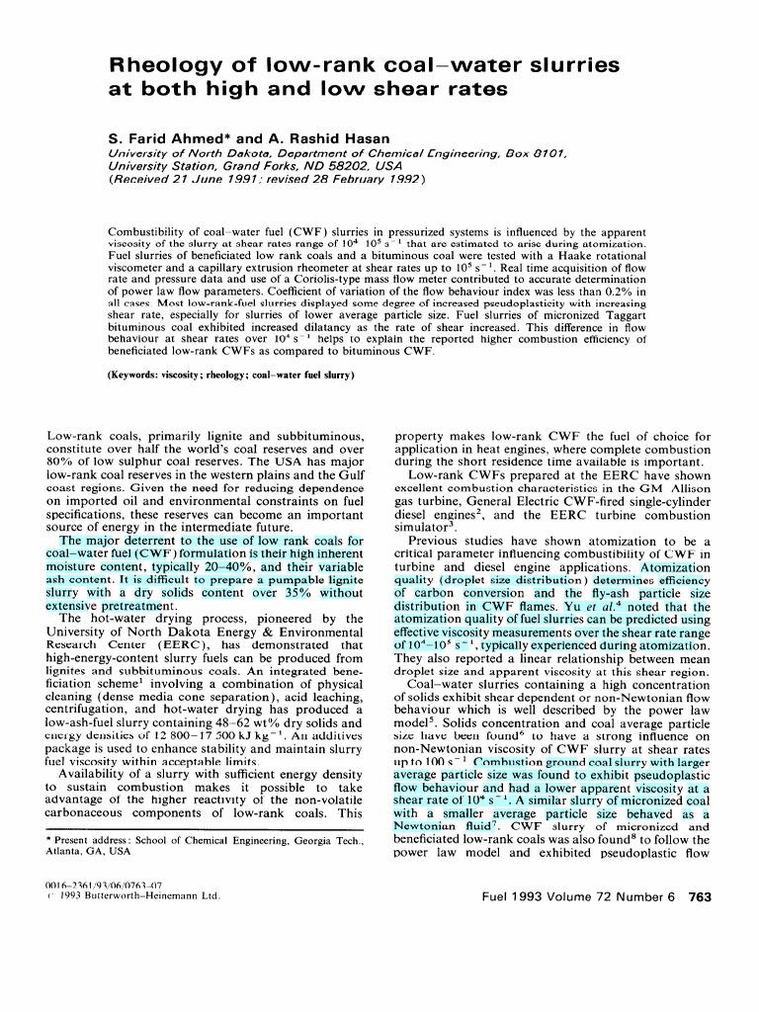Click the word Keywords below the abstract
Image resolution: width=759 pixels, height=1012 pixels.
(x=140, y=375)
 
